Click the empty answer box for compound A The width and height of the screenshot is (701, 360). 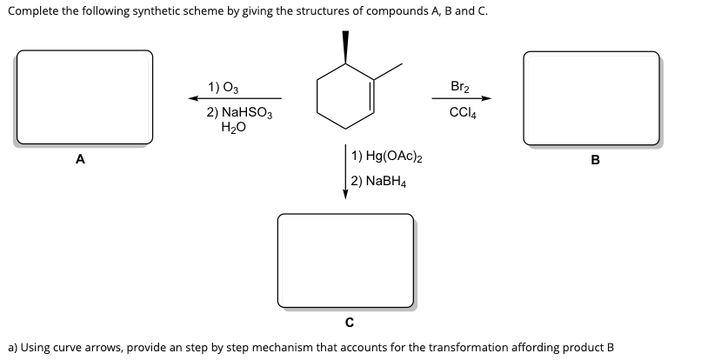pyautogui.click(x=84, y=97)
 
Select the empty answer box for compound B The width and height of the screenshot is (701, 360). pyautogui.click(x=591, y=97)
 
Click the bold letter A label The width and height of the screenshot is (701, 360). pyautogui.click(x=80, y=159)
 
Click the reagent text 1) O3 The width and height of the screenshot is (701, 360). pyautogui.click(x=224, y=87)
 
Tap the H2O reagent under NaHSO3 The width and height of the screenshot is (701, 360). pyautogui.click(x=235, y=127)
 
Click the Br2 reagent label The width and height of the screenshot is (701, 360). pyautogui.click(x=461, y=86)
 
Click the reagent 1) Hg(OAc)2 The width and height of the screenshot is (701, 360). pyautogui.click(x=388, y=157)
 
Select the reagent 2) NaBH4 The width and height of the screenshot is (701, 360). pyautogui.click(x=380, y=182)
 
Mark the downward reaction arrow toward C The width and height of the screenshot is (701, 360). pyautogui.click(x=345, y=174)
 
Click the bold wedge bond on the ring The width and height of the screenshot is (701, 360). pyautogui.click(x=345, y=48)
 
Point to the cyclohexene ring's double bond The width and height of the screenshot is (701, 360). pyautogui.click(x=373, y=96)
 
